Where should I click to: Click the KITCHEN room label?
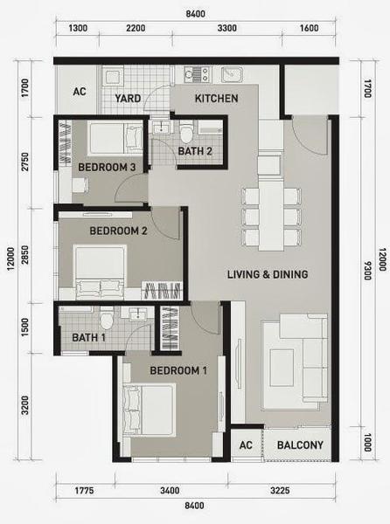pyautogui.click(x=216, y=99)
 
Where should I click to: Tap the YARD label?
pyautogui.click(x=128, y=99)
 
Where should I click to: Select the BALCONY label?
pyautogui.click(x=300, y=445)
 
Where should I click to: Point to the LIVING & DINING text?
pyautogui.click(x=268, y=274)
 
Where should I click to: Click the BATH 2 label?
pyautogui.click(x=195, y=151)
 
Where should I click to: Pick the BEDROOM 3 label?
pyautogui.click(x=107, y=167)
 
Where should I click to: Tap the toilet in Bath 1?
pyautogui.click(x=107, y=318)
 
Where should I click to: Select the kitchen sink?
pyautogui.click(x=232, y=74)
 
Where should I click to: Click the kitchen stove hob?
pyautogui.click(x=198, y=74)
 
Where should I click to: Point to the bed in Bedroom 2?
pyautogui.click(x=100, y=272)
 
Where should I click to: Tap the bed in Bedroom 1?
pyautogui.click(x=150, y=410)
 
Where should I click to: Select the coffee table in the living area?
pyautogui.click(x=282, y=368)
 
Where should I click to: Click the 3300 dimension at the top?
pyautogui.click(x=227, y=28)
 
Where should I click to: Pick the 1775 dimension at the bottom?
pyautogui.click(x=84, y=491)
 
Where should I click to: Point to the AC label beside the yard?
pyautogui.click(x=80, y=91)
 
